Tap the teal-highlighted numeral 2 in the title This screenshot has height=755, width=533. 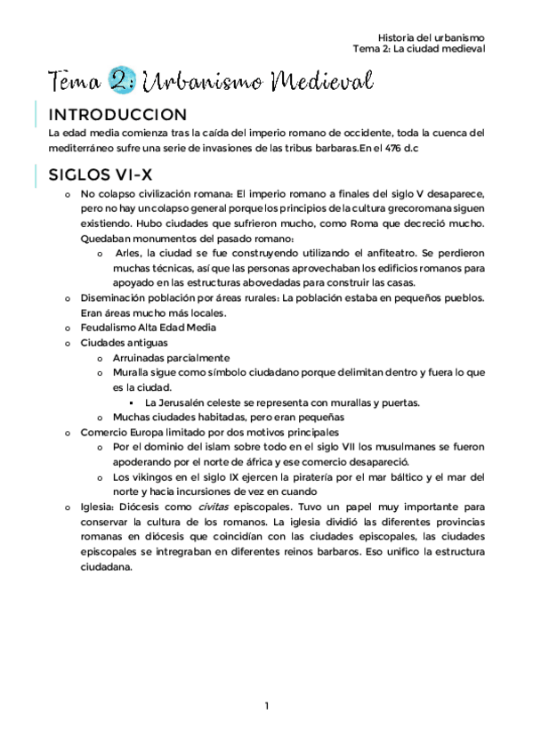click(x=119, y=82)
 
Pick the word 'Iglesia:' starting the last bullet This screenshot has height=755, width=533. click(x=97, y=507)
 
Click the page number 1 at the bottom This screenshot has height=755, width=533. click(x=266, y=706)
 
